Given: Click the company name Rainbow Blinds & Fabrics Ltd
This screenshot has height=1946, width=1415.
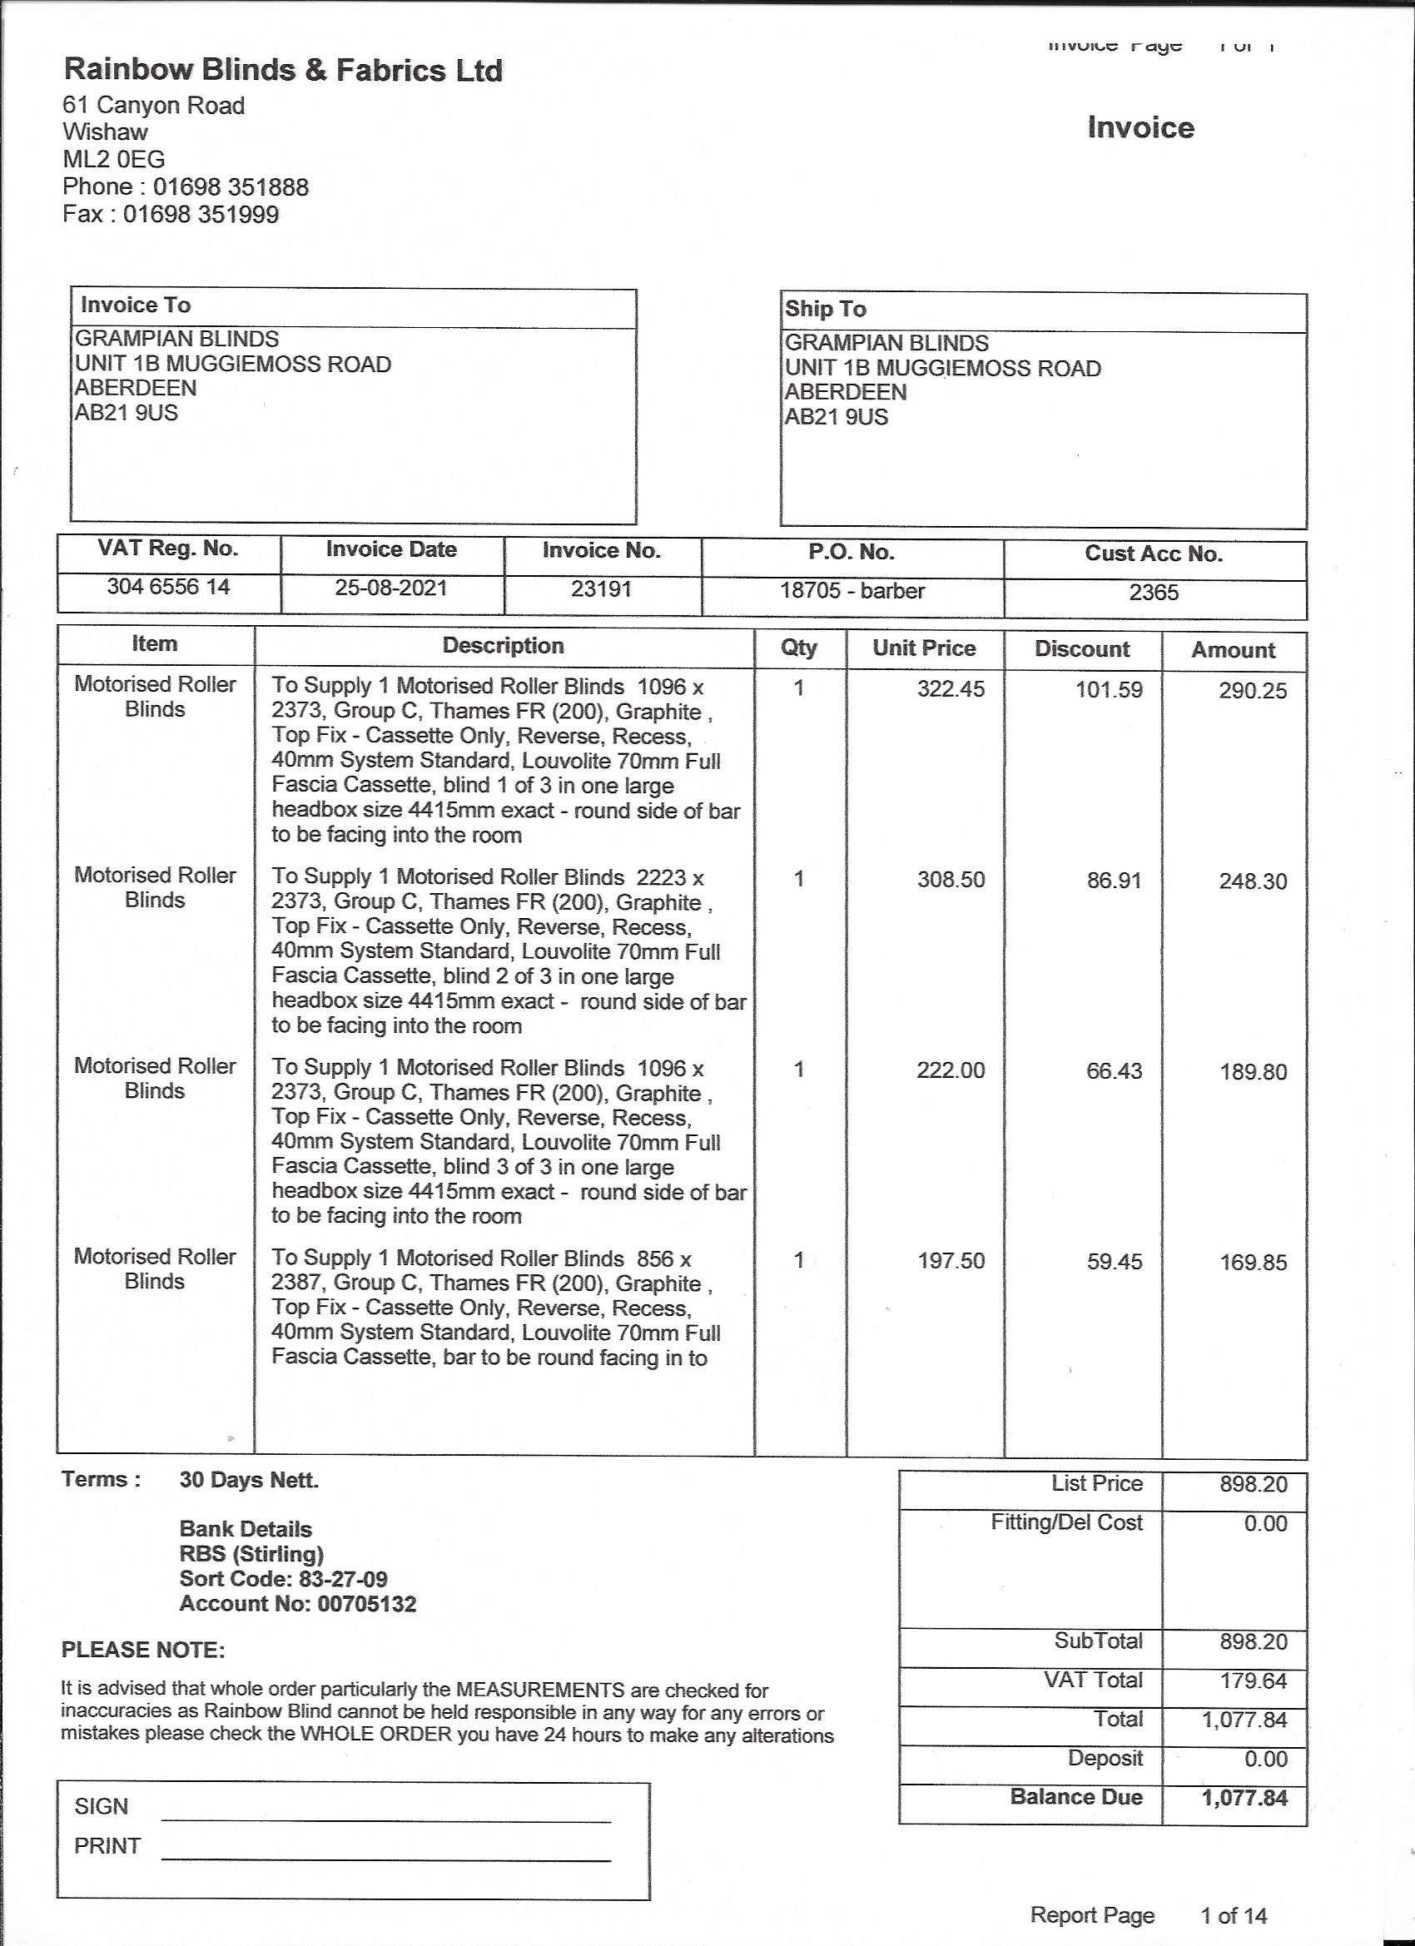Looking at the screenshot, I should tap(282, 71).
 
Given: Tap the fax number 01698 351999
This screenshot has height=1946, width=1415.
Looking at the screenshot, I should tap(201, 215).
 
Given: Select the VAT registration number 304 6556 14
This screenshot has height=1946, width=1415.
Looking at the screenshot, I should tap(168, 588).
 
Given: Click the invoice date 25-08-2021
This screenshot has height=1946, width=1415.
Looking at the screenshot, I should tap(390, 588).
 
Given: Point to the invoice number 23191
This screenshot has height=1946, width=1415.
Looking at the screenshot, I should tap(602, 589).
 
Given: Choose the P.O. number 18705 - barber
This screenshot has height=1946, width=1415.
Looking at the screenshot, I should tap(852, 591).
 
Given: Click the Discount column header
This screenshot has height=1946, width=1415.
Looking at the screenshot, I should tap(1081, 648).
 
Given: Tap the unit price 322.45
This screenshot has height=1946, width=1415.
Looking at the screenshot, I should tap(951, 690).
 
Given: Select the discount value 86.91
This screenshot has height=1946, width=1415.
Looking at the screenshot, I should tap(1114, 881).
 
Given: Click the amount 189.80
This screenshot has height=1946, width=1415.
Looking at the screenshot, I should tap(1253, 1073).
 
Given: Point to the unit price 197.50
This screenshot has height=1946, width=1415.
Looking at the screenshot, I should tap(951, 1262).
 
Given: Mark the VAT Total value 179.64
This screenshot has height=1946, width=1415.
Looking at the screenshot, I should tap(1253, 1680).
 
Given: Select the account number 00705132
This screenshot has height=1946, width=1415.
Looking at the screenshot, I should tap(366, 1604).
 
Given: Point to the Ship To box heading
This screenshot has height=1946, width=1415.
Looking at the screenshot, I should tap(825, 309).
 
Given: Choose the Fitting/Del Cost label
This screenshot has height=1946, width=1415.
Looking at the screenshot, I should tap(1065, 1522).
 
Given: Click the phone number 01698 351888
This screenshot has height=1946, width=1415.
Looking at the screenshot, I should tap(230, 187).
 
